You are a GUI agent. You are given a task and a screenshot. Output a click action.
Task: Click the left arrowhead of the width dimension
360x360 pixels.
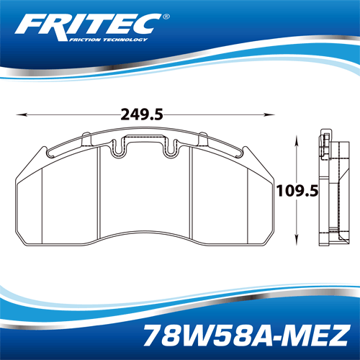(x=19, y=114)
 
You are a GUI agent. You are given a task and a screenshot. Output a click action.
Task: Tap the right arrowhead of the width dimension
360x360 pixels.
(x=273, y=114)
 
